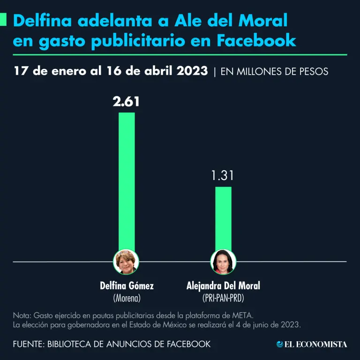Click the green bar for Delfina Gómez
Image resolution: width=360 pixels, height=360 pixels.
pyautogui.click(x=127, y=183)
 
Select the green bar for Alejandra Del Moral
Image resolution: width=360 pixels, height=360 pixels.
pyautogui.click(x=223, y=220)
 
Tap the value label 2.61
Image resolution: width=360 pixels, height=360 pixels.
pyautogui.click(x=126, y=102)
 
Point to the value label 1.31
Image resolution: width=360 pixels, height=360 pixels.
pyautogui.click(x=223, y=176)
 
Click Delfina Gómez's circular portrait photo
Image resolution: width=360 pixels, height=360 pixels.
pyautogui.click(x=127, y=262)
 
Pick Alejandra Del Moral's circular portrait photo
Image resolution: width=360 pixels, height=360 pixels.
pyautogui.click(x=223, y=262)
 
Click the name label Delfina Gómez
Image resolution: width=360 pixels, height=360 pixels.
pyautogui.click(x=127, y=285)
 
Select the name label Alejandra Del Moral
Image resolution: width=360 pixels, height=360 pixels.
pyautogui.click(x=223, y=285)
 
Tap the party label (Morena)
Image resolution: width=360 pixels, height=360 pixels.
pyautogui.click(x=127, y=297)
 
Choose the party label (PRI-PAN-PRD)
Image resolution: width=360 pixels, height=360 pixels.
pyautogui.click(x=223, y=297)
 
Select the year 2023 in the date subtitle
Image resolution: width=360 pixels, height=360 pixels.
pyautogui.click(x=192, y=71)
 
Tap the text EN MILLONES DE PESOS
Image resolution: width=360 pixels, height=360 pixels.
pyautogui.click(x=274, y=72)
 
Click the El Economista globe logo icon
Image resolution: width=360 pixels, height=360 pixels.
pyautogui.click(x=280, y=344)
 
